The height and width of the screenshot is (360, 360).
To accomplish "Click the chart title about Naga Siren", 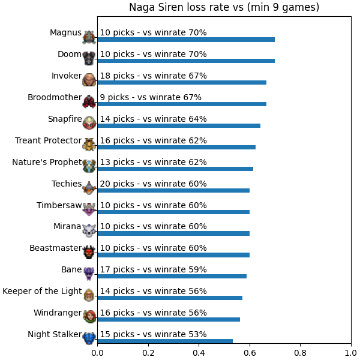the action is click(x=224, y=7).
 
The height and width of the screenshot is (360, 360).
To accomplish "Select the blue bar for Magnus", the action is click(x=186, y=40).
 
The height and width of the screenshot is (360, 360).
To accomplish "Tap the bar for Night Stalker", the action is click(x=165, y=341).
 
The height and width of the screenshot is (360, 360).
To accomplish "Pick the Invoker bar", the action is click(x=182, y=82).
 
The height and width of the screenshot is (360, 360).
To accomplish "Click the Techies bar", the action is click(x=173, y=190).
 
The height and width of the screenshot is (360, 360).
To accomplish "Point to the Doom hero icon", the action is click(x=89, y=58).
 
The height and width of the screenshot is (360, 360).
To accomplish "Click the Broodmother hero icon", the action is click(x=89, y=101).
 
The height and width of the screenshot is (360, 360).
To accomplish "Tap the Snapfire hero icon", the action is click(x=89, y=123).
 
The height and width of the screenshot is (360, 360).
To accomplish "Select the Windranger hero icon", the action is click(x=89, y=316).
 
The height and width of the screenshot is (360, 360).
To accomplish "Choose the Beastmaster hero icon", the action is click(x=89, y=253).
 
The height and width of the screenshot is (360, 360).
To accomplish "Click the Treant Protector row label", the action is click(x=48, y=140).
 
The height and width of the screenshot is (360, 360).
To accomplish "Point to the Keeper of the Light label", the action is click(x=42, y=291).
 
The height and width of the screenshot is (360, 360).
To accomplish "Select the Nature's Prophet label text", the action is click(x=47, y=162).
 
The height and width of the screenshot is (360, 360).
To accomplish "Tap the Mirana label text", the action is click(x=67, y=226).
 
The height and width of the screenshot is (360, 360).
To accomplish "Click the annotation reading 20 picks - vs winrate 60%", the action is click(x=154, y=184).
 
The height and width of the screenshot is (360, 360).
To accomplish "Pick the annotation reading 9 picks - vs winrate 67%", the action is click(x=151, y=97).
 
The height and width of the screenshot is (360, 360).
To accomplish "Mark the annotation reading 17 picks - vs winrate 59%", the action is click(x=154, y=269).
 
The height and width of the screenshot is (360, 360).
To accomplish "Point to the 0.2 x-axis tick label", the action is click(x=148, y=353).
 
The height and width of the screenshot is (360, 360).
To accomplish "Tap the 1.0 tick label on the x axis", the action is click(x=351, y=353).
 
